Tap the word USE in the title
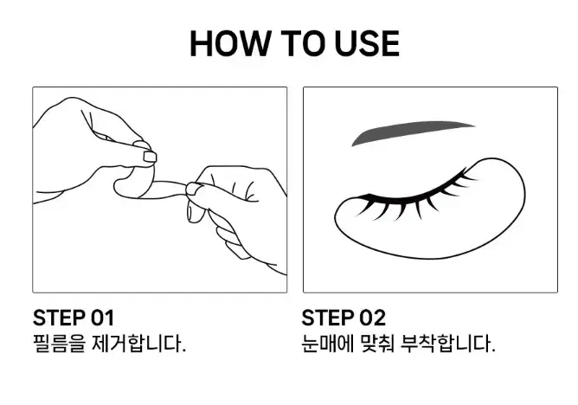(367, 43)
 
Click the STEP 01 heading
(74, 318)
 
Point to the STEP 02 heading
(344, 318)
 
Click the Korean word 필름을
(60, 344)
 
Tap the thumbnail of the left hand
(150, 157)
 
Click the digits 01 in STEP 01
(102, 318)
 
